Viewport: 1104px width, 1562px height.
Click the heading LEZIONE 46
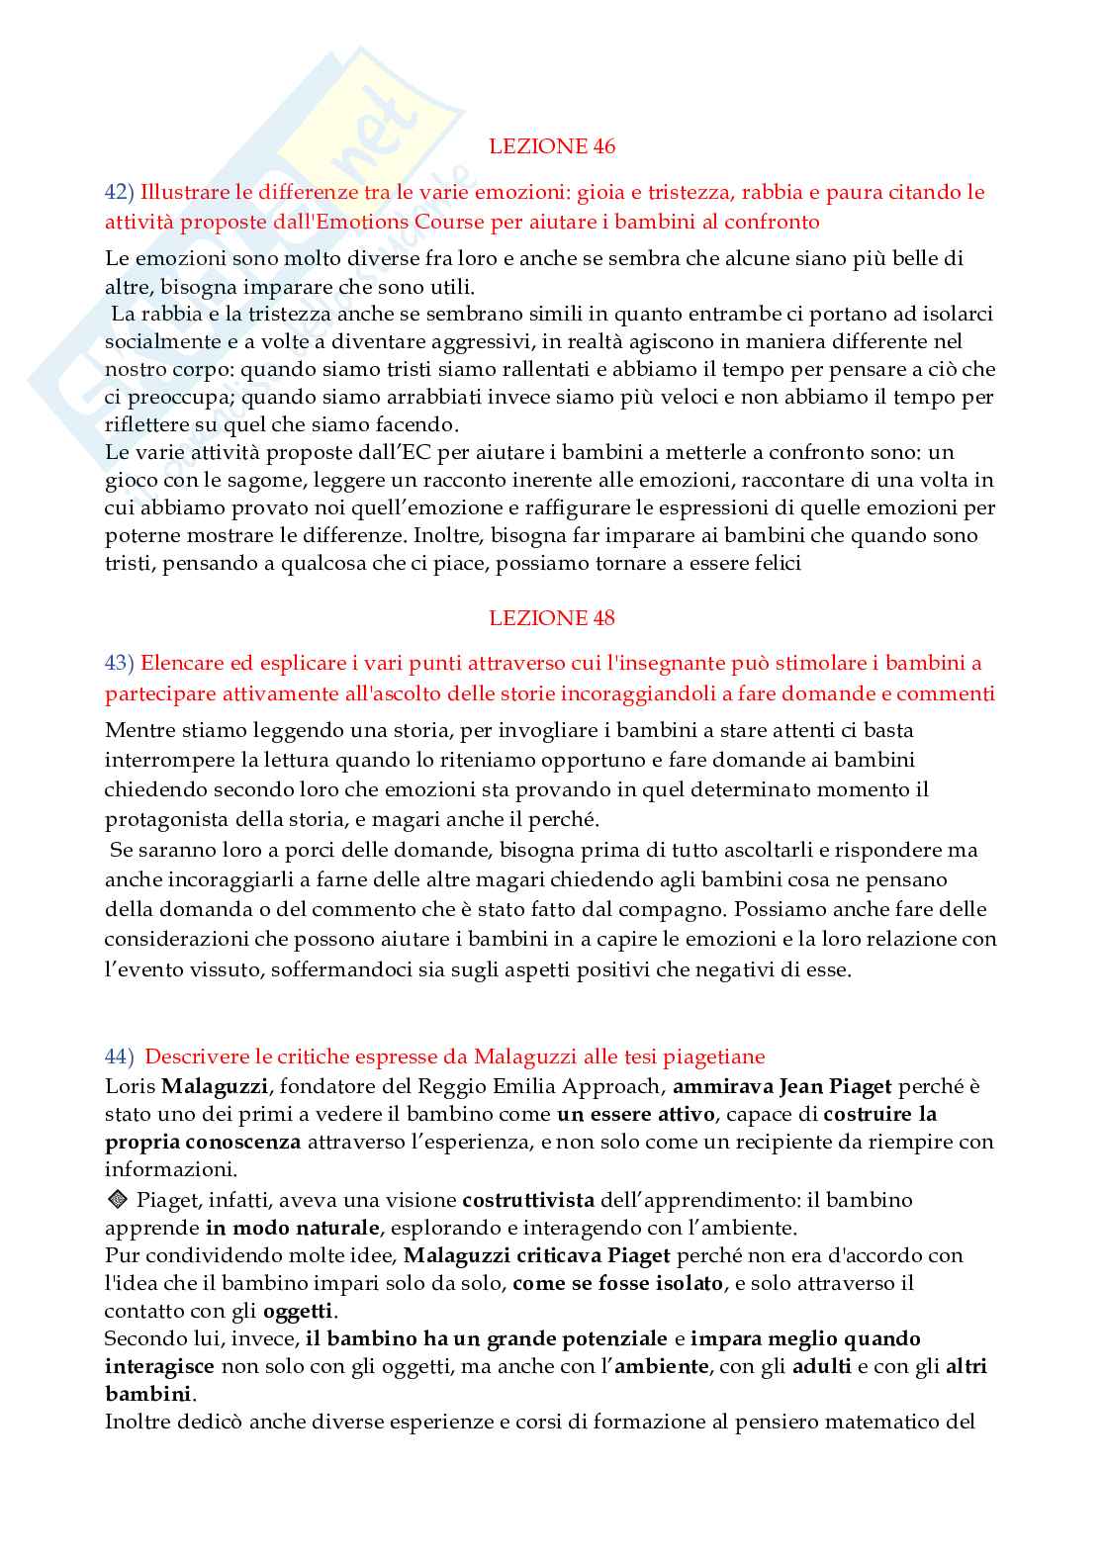(x=551, y=146)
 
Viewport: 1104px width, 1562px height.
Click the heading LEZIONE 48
(x=551, y=618)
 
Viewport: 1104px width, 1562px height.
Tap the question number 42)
(x=120, y=192)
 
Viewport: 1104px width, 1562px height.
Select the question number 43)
(x=120, y=664)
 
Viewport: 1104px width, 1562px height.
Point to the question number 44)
(x=120, y=1057)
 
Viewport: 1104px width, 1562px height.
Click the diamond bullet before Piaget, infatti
(x=116, y=1200)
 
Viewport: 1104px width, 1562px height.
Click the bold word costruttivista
(x=528, y=1200)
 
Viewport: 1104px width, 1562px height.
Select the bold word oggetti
(x=300, y=1312)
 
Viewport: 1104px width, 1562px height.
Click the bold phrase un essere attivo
(x=635, y=1114)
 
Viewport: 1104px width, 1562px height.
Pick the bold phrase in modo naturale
(x=293, y=1228)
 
